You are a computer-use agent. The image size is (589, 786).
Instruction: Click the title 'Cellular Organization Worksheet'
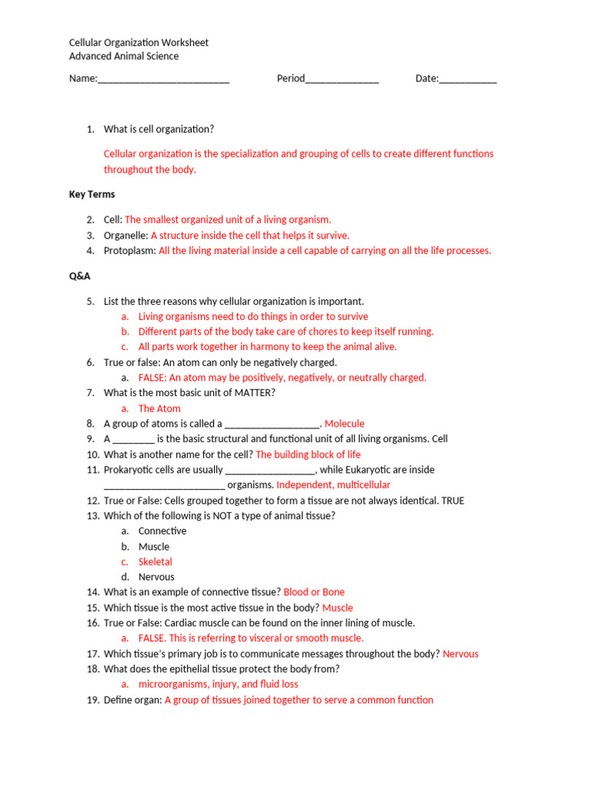pos(138,42)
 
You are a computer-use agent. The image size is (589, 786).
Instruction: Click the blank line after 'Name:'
pos(163,79)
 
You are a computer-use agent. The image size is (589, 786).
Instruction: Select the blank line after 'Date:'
pos(468,79)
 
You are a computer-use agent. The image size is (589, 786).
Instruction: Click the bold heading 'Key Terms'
pos(92,194)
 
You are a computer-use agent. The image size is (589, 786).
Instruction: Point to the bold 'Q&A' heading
pos(80,276)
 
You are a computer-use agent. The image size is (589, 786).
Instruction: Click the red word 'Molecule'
pos(344,424)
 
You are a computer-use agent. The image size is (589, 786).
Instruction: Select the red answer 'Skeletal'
pos(155,562)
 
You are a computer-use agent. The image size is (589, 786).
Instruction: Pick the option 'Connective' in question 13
pos(162,531)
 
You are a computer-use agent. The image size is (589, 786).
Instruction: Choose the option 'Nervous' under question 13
pos(156,577)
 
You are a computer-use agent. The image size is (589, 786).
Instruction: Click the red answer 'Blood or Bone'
pos(314,593)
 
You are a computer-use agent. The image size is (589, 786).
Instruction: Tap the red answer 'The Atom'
pos(160,408)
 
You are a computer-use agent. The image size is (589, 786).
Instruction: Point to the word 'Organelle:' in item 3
pos(126,236)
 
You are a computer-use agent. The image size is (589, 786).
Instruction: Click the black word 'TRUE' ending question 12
pos(452,500)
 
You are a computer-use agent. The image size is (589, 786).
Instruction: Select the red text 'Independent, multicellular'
pos(333,485)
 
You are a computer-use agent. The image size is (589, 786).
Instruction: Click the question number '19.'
pos(93,700)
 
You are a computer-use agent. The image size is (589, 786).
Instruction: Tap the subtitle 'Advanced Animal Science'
pos(123,56)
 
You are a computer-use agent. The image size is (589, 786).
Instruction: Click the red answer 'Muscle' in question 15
pos(337,608)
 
